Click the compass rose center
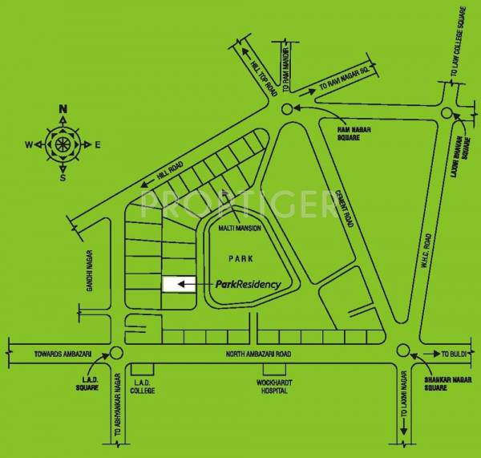pos(62,144)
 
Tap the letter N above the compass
pos(63,110)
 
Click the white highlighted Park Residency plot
pos(179,284)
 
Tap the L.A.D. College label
pos(143,387)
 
